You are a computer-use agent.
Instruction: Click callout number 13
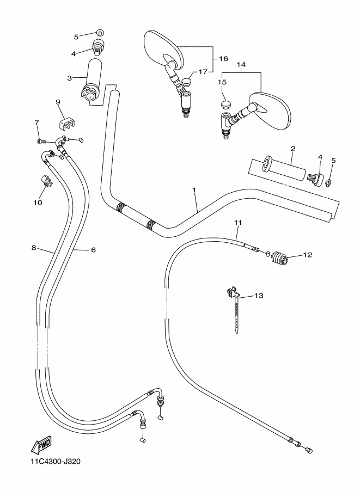pyautogui.click(x=258, y=296)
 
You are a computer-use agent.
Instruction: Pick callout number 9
pyautogui.click(x=57, y=101)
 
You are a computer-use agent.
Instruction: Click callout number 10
pyautogui.click(x=38, y=203)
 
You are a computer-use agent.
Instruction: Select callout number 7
pyautogui.click(x=37, y=122)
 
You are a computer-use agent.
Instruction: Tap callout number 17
pyautogui.click(x=203, y=72)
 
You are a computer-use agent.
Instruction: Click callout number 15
pyautogui.click(x=222, y=82)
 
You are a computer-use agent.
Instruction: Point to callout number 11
pyautogui.click(x=237, y=222)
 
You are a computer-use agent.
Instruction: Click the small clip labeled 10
pyautogui.click(x=45, y=181)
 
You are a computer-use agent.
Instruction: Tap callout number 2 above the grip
pyautogui.click(x=292, y=149)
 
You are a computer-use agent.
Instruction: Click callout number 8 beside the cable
pyautogui.click(x=34, y=248)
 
